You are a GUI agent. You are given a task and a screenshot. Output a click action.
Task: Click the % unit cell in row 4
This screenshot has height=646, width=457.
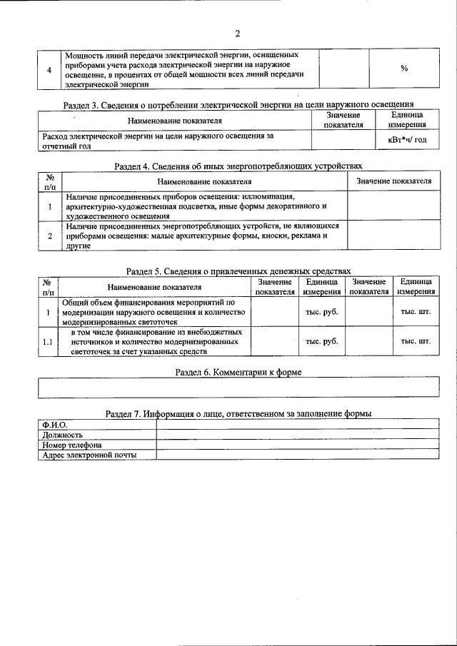(x=403, y=69)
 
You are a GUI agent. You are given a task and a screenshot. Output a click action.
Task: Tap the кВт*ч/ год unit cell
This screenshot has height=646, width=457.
(x=407, y=139)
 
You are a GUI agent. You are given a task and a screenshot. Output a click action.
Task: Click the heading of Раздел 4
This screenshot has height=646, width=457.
(x=238, y=166)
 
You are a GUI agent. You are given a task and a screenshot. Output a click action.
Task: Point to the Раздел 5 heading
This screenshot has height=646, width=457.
(x=238, y=271)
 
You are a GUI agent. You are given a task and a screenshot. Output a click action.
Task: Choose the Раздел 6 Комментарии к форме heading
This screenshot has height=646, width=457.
(x=238, y=372)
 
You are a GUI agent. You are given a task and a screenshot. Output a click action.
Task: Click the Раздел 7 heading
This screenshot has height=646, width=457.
(x=238, y=413)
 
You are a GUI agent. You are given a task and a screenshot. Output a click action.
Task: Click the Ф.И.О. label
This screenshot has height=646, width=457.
(x=54, y=425)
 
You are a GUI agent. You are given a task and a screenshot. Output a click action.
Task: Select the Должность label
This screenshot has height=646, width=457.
(x=62, y=434)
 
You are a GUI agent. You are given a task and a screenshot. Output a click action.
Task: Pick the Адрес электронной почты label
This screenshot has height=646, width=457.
(x=89, y=454)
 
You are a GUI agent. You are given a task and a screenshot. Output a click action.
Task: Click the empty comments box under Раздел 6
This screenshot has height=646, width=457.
(x=238, y=386)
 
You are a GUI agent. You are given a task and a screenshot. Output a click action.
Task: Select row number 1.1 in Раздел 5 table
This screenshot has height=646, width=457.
(x=48, y=342)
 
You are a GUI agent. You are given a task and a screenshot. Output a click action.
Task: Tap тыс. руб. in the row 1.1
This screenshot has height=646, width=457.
(x=321, y=342)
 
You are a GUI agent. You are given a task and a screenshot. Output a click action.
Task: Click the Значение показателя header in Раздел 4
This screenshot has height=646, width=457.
(x=393, y=181)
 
